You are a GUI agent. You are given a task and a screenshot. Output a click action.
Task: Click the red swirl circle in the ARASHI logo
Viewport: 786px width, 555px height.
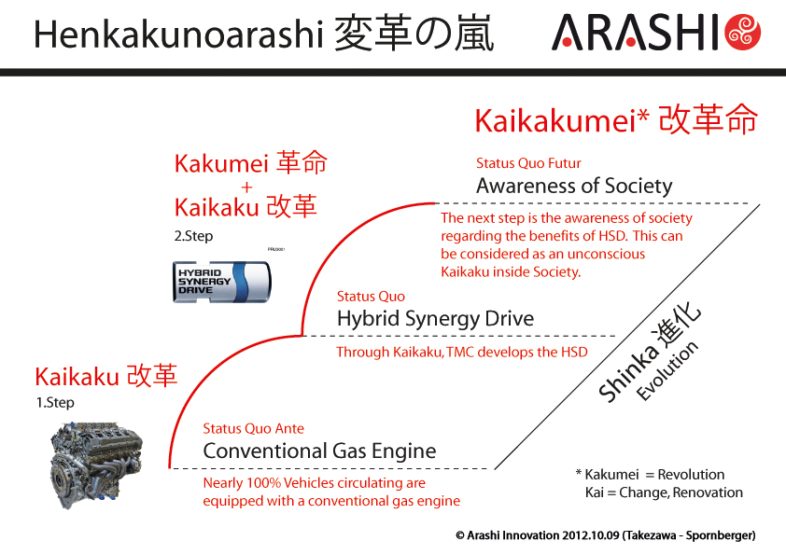(x=743, y=33)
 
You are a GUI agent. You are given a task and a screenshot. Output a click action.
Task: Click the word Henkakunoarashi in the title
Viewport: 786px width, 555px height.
(x=178, y=35)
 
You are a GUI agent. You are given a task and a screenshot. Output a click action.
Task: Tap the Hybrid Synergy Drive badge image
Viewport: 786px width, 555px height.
(x=221, y=282)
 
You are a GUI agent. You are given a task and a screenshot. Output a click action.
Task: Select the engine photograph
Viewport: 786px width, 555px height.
(x=96, y=465)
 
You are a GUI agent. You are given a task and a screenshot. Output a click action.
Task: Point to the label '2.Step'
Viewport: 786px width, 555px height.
(x=193, y=236)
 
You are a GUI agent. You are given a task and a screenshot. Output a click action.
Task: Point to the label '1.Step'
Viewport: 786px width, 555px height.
(x=55, y=403)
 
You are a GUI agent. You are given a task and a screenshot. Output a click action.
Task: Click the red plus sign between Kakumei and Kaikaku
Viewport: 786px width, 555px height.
(x=246, y=187)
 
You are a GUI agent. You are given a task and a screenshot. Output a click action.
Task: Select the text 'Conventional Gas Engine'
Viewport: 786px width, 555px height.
(x=320, y=451)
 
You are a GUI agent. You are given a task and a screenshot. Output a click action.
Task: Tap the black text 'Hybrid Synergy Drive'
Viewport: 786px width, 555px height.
(x=436, y=319)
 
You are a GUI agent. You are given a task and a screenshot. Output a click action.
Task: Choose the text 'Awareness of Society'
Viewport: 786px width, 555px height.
(x=574, y=186)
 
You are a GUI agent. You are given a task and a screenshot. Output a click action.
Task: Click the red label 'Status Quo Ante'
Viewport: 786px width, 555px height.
(x=253, y=429)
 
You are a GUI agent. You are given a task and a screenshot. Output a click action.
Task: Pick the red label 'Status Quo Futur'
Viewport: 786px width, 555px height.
(x=528, y=163)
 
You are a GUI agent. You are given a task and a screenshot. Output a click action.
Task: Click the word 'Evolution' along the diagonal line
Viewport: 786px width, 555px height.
(x=667, y=370)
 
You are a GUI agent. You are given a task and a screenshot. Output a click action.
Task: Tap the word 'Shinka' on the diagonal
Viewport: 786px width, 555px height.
(x=628, y=374)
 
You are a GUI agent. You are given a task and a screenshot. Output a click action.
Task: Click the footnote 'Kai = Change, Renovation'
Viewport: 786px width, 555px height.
(x=664, y=493)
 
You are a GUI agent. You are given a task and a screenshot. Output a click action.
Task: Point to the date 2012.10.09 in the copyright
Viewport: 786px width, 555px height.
(x=591, y=535)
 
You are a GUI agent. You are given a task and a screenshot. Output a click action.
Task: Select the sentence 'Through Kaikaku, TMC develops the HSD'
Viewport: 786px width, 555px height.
(x=462, y=353)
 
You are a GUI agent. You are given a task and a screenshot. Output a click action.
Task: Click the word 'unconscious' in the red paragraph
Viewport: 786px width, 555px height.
(x=606, y=254)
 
